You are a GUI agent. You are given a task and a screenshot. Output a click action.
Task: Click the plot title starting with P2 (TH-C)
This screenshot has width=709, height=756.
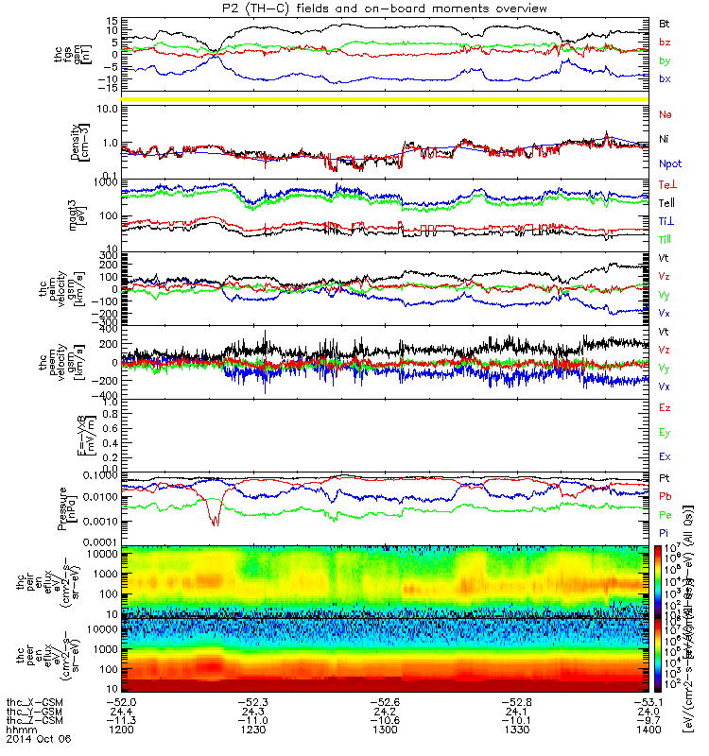tap(354, 8)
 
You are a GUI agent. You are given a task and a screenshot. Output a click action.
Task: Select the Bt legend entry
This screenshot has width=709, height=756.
tap(665, 22)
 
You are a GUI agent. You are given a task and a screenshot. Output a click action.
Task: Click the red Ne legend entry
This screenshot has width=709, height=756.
tap(666, 113)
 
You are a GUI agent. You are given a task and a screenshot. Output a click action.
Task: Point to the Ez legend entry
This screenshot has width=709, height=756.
tap(665, 406)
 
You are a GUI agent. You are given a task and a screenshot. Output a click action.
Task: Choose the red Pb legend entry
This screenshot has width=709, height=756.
tap(665, 495)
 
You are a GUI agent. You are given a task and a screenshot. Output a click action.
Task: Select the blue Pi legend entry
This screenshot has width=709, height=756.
tap(664, 534)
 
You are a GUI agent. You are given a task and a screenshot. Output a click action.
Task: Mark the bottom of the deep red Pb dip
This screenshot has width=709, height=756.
tap(216, 523)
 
